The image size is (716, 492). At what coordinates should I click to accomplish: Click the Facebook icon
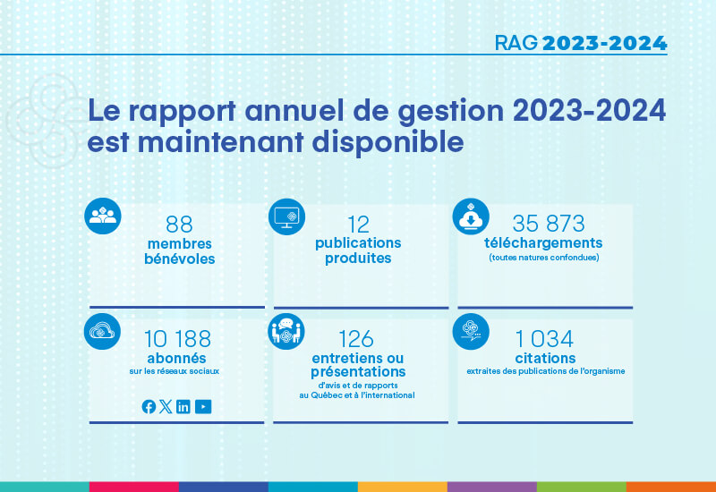[149, 406]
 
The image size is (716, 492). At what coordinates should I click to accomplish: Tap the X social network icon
[166, 406]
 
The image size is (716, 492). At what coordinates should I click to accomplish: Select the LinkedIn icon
[183, 406]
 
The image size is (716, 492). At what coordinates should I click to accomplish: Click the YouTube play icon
[203, 406]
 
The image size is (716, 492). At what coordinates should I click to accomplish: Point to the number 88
[179, 225]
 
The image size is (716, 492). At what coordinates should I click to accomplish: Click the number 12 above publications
[359, 225]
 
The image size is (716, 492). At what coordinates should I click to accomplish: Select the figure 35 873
[549, 224]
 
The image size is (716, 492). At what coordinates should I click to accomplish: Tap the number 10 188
[177, 339]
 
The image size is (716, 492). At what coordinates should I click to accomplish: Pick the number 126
[356, 339]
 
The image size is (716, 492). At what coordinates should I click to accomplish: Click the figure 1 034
[544, 339]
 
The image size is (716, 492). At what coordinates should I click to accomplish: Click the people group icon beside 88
[103, 216]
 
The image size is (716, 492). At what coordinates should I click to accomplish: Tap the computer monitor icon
[286, 216]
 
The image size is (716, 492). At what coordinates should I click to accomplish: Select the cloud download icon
[471, 216]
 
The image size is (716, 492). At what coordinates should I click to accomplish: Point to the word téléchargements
[543, 242]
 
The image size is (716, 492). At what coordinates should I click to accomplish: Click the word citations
[545, 358]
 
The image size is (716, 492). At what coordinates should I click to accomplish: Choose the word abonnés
[176, 358]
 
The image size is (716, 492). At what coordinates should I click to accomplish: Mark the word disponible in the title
[388, 142]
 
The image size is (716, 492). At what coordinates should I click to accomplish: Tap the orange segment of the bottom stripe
[671, 487]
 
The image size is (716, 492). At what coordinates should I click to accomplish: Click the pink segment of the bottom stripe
[133, 487]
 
